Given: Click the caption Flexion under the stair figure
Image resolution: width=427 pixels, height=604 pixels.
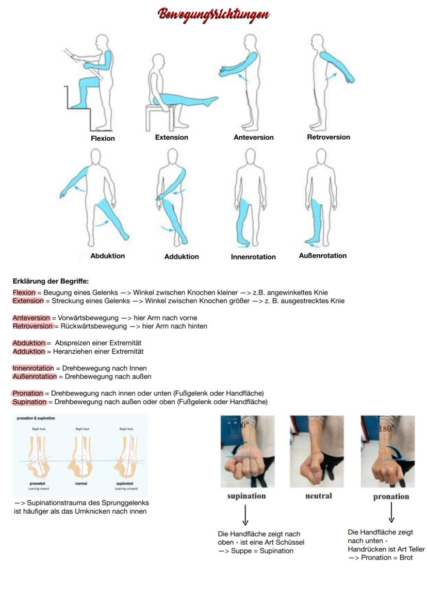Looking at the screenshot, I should [103, 138].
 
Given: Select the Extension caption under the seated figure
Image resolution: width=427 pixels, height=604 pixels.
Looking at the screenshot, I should [172, 137].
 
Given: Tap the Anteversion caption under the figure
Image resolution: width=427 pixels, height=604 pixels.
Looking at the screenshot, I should [253, 137].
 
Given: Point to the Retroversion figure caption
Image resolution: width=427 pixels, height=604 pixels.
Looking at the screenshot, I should [329, 137].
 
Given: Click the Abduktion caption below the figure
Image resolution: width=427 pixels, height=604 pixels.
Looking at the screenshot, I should [107, 256].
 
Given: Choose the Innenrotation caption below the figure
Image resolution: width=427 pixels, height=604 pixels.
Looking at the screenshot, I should [253, 257].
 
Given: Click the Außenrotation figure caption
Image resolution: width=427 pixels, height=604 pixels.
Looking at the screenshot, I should [323, 255].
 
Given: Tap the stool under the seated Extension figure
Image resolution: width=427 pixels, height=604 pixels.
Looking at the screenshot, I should [160, 117].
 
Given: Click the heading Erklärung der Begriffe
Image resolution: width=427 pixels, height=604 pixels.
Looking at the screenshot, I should [51, 281].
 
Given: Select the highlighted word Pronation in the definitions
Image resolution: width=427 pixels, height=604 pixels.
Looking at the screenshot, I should [28, 394].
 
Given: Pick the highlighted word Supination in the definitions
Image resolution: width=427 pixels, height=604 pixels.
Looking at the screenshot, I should [29, 402].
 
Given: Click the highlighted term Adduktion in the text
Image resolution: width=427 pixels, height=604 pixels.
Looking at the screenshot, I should [29, 351].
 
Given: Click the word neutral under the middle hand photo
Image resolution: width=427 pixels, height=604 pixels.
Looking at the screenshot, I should [319, 496].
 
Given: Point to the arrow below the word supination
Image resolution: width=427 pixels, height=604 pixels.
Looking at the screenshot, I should [245, 515].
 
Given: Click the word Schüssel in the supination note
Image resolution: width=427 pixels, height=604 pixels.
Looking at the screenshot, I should [290, 542].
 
